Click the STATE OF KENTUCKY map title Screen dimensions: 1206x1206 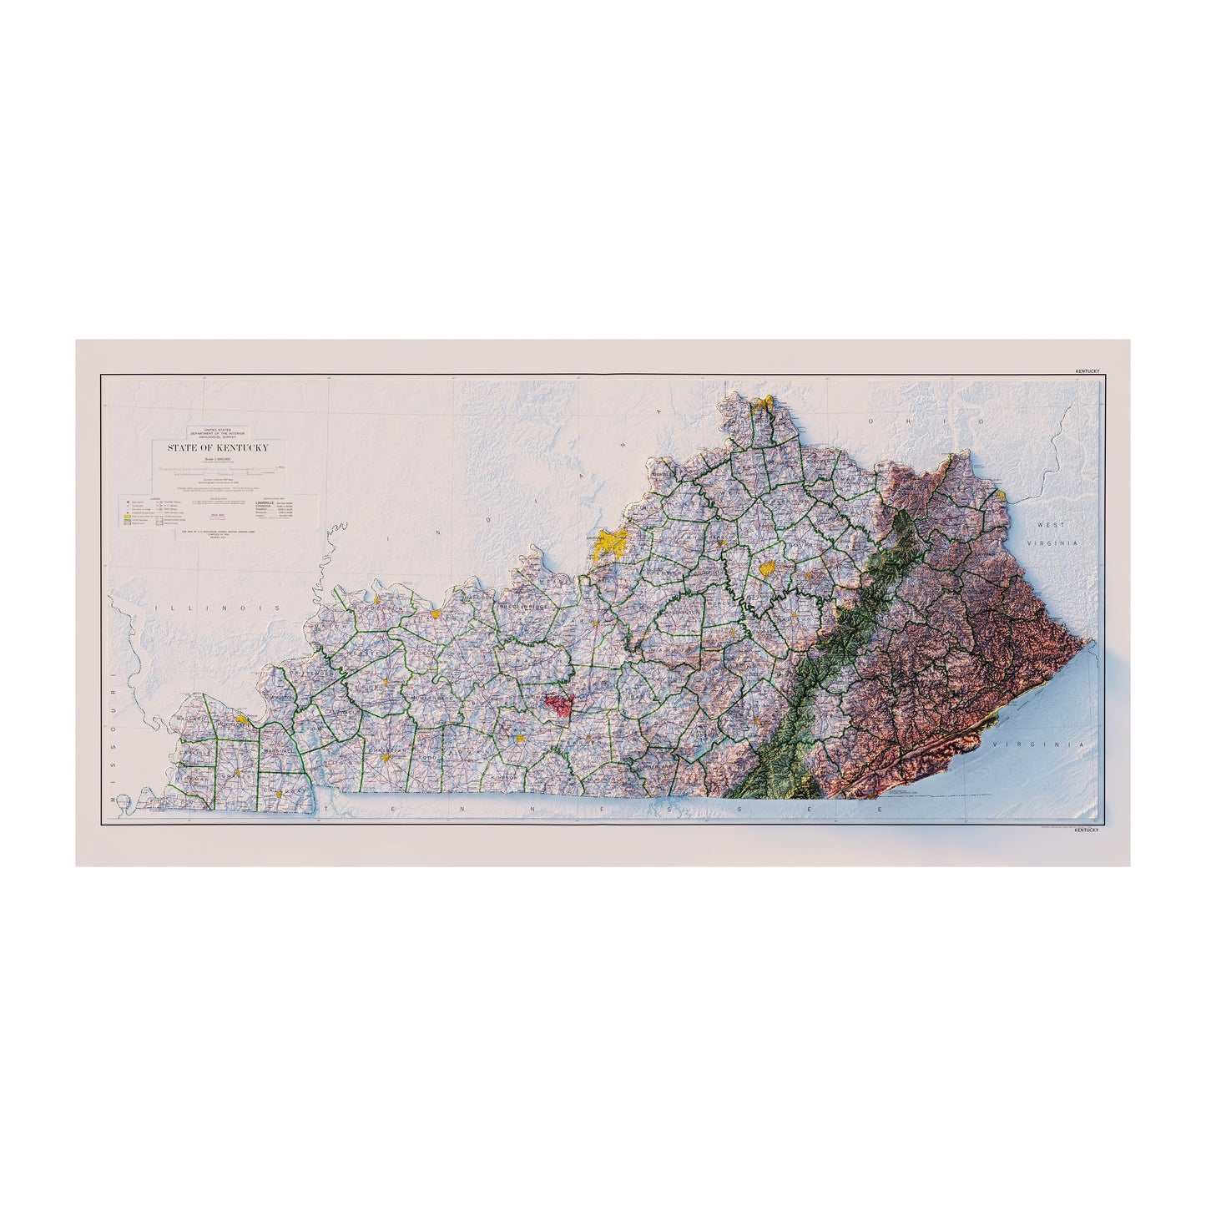point(218,448)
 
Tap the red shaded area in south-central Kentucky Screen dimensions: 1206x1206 point(558,704)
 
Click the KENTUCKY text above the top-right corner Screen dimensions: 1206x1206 point(1087,371)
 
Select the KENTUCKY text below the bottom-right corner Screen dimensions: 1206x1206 point(1087,830)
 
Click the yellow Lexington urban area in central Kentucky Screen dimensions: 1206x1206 point(767,568)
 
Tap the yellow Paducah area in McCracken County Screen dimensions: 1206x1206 point(242,719)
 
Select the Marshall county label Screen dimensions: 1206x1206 point(275,750)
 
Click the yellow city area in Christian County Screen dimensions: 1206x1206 point(386,758)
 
